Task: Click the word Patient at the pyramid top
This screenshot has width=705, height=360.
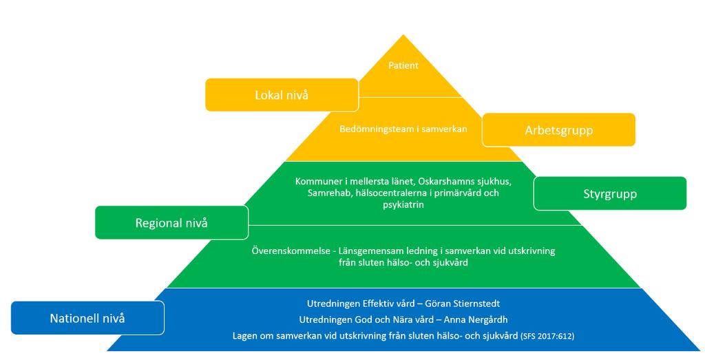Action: (x=403, y=65)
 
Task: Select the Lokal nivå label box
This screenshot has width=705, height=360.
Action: (x=282, y=95)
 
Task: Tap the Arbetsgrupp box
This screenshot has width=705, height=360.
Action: (x=558, y=130)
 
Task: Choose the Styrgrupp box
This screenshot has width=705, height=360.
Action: (x=610, y=193)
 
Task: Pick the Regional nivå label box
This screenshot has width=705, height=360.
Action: (x=171, y=222)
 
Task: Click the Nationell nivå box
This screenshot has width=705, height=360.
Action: (x=87, y=318)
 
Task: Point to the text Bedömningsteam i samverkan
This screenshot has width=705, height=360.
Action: (x=403, y=129)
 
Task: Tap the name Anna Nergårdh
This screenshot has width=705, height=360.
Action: (x=476, y=320)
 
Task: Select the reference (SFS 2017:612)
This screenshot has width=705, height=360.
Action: (x=547, y=336)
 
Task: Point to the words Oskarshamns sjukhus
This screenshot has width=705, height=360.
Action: (x=465, y=182)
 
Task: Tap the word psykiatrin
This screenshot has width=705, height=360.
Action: (x=403, y=205)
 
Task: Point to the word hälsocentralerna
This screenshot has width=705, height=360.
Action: (x=386, y=193)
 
